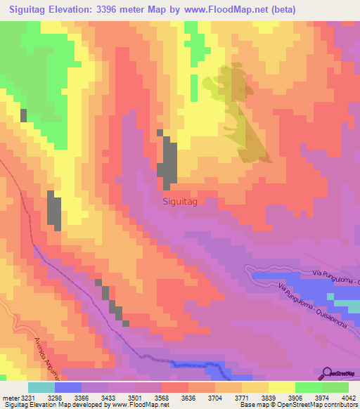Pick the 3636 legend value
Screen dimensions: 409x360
(x=188, y=398)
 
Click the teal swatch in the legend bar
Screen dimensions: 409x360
(x=41, y=387)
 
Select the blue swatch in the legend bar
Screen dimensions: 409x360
(x=68, y=387)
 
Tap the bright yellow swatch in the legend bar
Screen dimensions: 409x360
(x=281, y=387)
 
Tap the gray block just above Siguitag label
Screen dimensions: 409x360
(x=168, y=160)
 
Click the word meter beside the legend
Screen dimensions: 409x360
(x=11, y=398)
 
